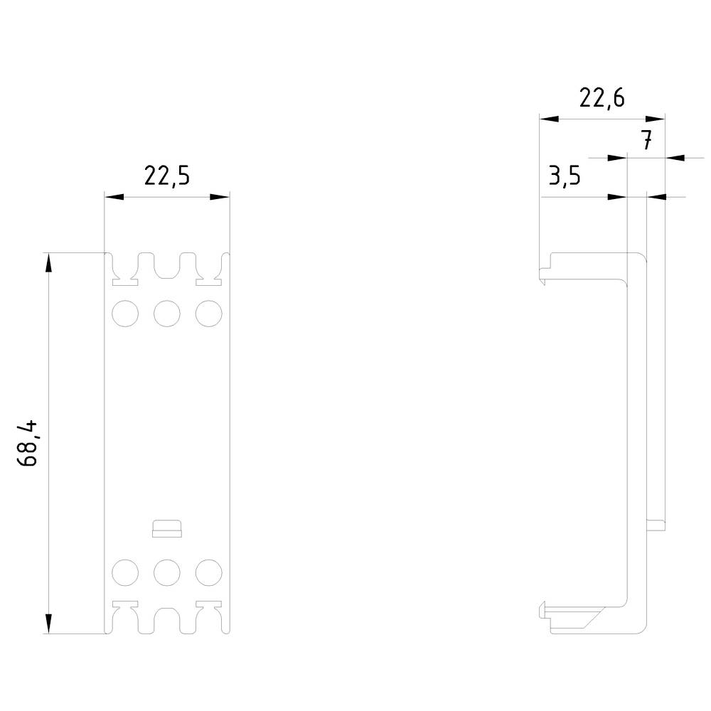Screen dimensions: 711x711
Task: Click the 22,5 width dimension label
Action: click(167, 176)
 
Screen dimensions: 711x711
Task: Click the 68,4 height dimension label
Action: click(30, 444)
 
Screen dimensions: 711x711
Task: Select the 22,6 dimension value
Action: click(602, 98)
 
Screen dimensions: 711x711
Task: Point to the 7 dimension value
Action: click(646, 141)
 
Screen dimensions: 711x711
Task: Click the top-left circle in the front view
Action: click(125, 314)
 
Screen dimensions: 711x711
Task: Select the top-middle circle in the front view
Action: click(167, 314)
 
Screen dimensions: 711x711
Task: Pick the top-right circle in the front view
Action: click(208, 314)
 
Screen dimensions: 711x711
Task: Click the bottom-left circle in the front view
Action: click(125, 572)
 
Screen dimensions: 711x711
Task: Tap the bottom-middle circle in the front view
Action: click(167, 572)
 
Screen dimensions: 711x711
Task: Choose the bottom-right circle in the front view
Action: click(208, 572)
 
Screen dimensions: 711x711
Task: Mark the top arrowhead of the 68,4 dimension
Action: click(48, 263)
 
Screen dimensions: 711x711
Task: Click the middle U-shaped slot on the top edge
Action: click(167, 265)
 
